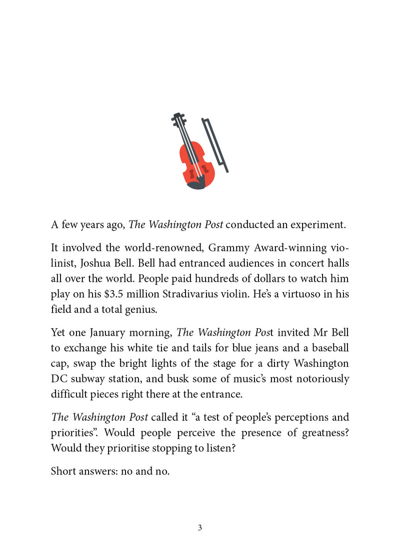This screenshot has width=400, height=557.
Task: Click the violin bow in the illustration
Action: (x=215, y=145)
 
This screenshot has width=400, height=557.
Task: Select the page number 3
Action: (x=200, y=527)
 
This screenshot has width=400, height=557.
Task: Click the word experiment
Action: (x=318, y=224)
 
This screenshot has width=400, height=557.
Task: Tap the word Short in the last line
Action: (x=64, y=471)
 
